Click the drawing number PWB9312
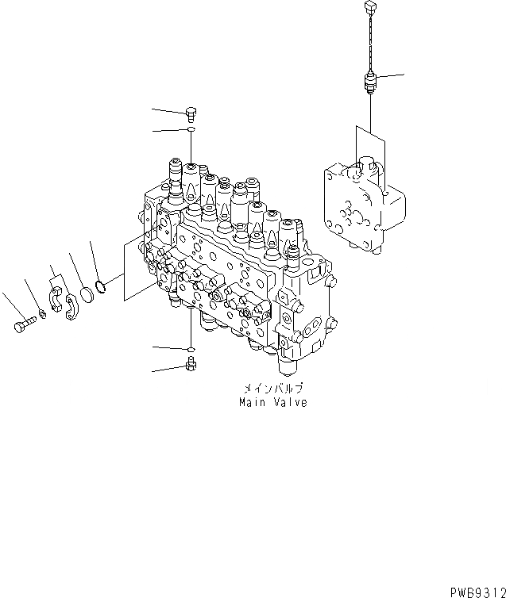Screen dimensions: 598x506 pos(476,591)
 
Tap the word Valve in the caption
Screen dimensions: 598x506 pos(289,403)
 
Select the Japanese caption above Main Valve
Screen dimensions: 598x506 pos(272,389)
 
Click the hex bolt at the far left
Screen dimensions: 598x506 pos(23,324)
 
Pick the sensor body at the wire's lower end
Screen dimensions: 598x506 pos(368,82)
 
